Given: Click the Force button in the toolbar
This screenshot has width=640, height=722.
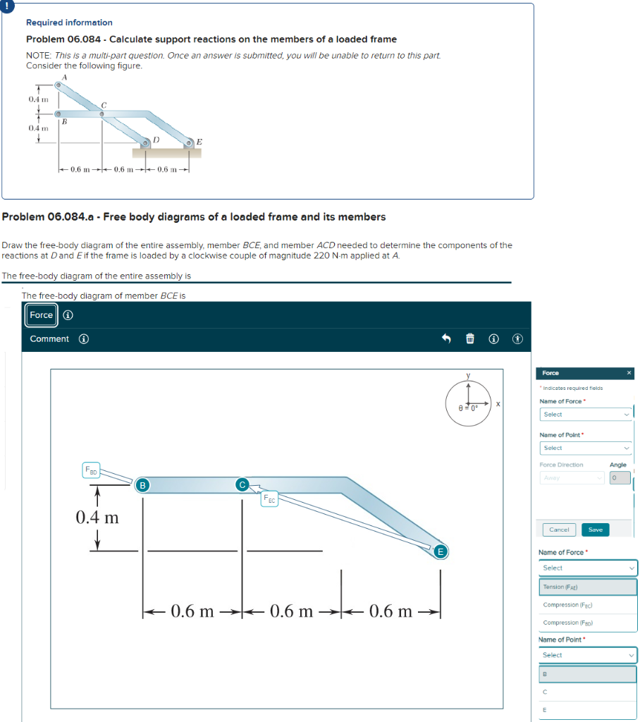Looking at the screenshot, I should click(41, 315).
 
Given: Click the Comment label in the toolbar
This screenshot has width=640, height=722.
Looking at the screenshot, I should click(49, 339).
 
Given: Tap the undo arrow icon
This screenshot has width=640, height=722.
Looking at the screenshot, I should click(446, 339).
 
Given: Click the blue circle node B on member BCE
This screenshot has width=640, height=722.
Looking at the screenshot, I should click(142, 484).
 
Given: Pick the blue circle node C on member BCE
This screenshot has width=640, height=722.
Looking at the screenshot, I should click(242, 484).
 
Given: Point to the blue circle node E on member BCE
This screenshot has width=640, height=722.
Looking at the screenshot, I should click(441, 551).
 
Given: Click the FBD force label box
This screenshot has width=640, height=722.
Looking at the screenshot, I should click(91, 469).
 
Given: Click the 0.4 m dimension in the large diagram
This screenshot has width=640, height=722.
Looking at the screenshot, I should click(97, 518).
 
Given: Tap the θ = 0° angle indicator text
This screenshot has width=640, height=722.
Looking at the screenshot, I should click(468, 408).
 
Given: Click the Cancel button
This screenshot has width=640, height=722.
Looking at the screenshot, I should click(559, 530).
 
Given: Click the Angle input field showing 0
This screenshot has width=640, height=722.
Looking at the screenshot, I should click(620, 478).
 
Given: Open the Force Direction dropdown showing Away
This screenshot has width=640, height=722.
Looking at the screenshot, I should click(572, 478).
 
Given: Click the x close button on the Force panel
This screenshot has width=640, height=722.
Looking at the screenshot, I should click(629, 372).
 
